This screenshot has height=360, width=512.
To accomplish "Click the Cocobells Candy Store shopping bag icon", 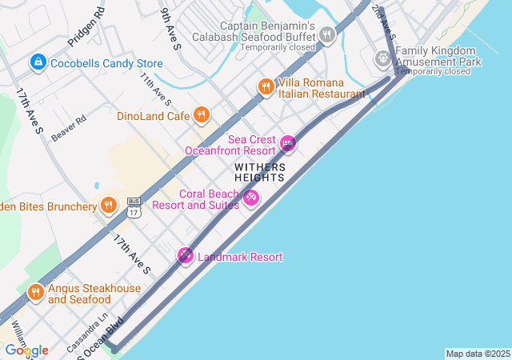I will [38, 62].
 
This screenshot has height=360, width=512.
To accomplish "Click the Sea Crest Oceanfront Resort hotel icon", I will [288, 144].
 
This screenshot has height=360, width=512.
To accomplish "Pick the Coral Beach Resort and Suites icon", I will [251, 197].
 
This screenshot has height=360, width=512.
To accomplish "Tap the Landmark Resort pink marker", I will [186, 256].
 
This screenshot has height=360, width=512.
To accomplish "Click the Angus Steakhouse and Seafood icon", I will [35, 293].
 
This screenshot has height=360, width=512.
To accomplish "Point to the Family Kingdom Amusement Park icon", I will [383, 58].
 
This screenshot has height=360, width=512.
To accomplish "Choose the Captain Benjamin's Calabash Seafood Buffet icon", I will [326, 34].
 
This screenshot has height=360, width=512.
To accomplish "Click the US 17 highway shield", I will [134, 207].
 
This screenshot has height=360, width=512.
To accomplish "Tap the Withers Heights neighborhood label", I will [259, 172].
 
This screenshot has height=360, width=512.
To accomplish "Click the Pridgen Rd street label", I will [86, 27].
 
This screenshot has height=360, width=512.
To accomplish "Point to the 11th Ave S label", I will [155, 89].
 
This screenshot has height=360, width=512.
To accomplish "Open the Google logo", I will [27, 350].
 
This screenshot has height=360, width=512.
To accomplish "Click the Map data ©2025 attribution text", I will [478, 354].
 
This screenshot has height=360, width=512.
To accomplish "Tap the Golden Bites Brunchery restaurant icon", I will [108, 206].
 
